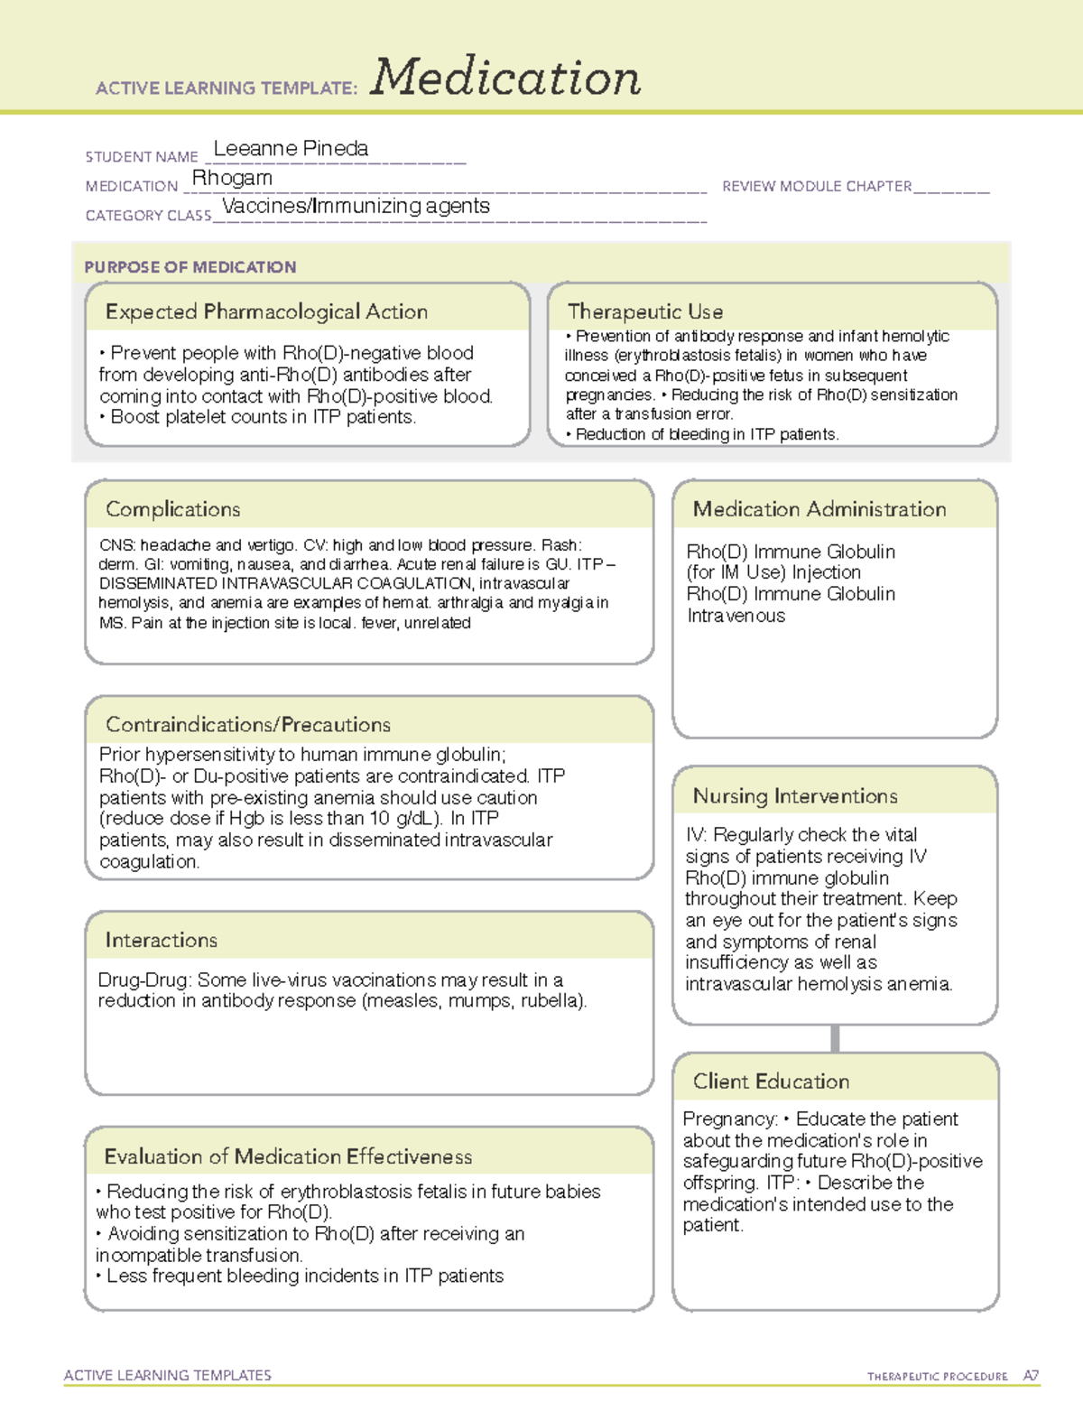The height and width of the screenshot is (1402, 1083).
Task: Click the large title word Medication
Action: click(x=505, y=78)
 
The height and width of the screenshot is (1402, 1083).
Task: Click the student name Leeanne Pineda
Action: click(x=291, y=148)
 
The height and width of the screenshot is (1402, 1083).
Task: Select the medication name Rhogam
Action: click(x=232, y=178)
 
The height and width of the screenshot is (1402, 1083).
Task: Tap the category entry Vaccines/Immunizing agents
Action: click(x=356, y=206)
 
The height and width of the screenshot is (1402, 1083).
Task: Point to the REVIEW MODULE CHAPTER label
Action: click(x=817, y=186)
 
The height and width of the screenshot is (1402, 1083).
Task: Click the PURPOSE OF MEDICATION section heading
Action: click(x=190, y=267)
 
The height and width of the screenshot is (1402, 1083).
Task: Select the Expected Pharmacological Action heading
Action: click(x=266, y=311)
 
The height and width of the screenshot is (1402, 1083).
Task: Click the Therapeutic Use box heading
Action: click(x=644, y=311)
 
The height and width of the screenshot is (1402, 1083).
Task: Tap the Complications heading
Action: click(x=172, y=509)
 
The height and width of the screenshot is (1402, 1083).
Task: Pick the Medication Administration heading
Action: click(x=819, y=509)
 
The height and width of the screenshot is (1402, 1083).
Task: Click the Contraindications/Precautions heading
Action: click(x=247, y=724)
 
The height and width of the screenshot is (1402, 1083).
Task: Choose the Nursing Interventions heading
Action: click(x=794, y=795)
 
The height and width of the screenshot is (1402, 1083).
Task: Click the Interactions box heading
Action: click(x=161, y=940)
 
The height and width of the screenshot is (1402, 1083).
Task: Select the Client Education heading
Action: click(x=771, y=1081)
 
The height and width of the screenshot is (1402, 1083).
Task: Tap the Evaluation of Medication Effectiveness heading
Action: click(x=288, y=1156)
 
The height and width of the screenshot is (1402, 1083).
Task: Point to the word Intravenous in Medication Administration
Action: click(x=736, y=616)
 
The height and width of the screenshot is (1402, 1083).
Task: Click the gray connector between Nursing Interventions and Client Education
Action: click(x=835, y=1038)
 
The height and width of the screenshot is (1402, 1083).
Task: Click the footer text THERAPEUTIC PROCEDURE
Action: click(x=937, y=1377)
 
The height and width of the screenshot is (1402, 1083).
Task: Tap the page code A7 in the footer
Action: click(x=1031, y=1376)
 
